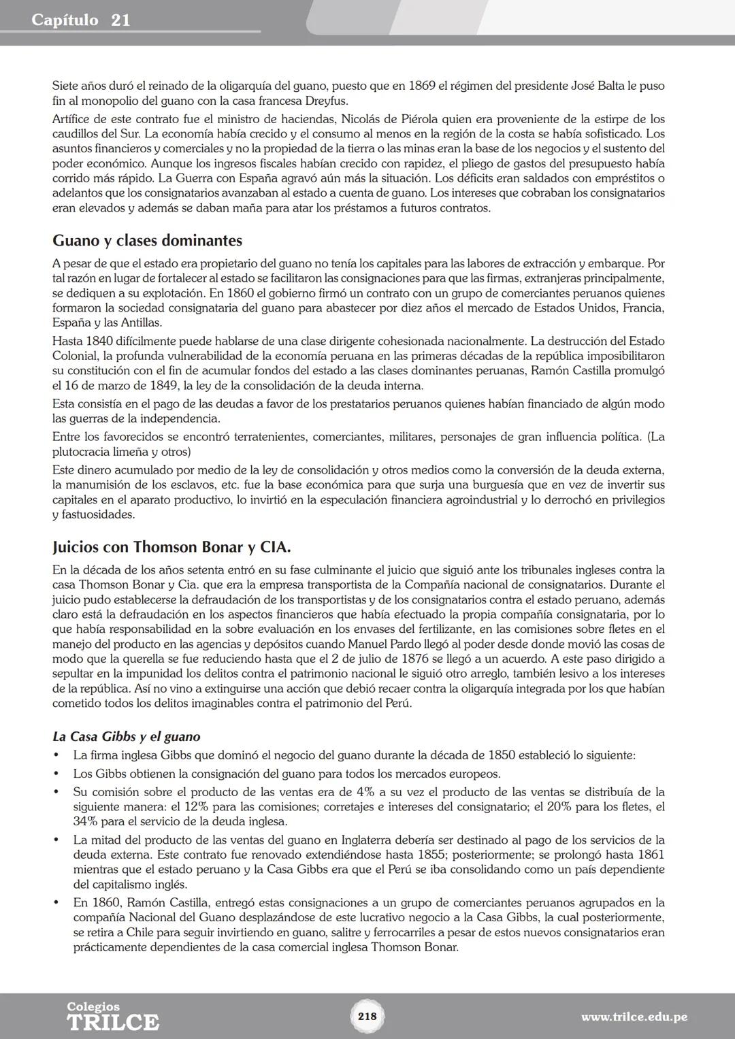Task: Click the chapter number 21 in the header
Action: [x=120, y=20]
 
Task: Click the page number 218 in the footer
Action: [x=367, y=1016]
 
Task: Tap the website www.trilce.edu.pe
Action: [x=634, y=1017]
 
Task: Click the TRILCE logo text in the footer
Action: [x=113, y=1022]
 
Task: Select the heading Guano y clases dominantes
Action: [x=147, y=240]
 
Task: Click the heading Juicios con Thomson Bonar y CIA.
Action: [x=171, y=547]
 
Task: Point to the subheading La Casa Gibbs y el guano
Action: [x=126, y=736]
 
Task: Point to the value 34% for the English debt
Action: [x=84, y=821]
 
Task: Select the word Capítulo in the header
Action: [x=65, y=20]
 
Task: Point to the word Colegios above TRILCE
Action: [x=93, y=1006]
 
